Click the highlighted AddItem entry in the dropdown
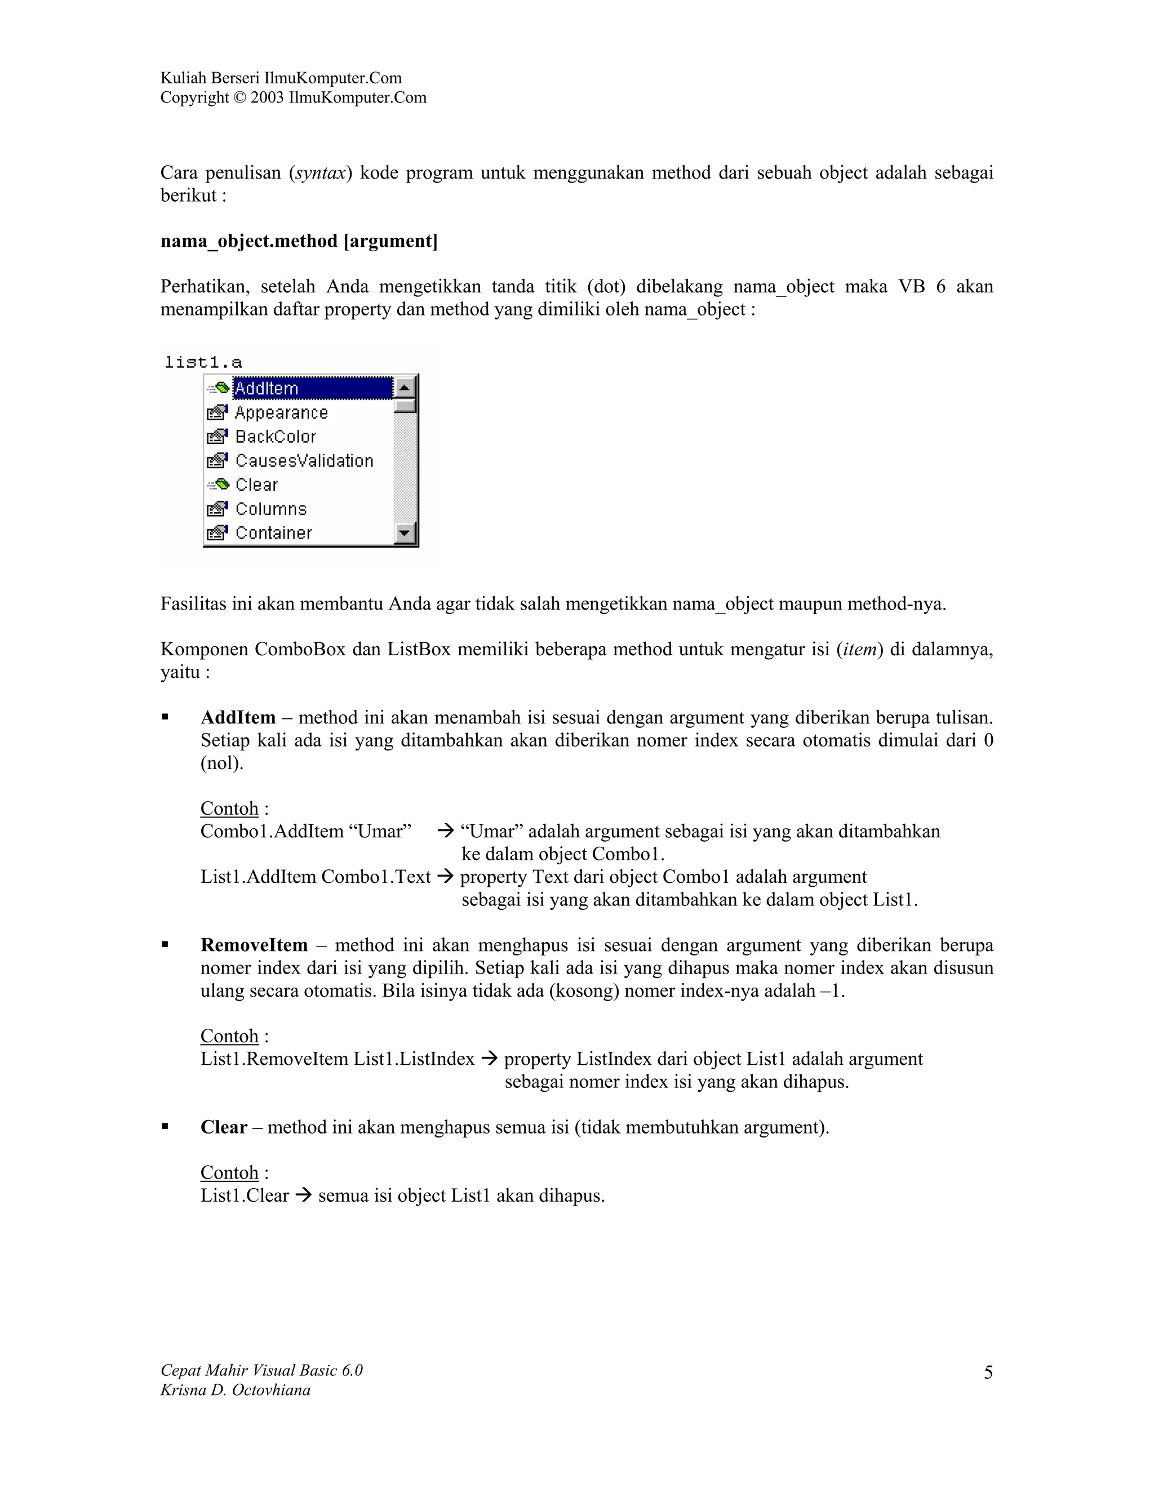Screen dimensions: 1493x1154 312,388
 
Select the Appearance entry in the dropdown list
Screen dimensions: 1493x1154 281,413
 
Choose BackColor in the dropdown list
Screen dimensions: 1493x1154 276,437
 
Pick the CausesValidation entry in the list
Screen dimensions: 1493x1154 304,461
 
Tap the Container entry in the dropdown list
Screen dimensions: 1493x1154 273,533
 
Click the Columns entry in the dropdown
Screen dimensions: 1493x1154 270,509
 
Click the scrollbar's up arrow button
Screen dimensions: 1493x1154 405,388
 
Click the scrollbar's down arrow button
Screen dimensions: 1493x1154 405,532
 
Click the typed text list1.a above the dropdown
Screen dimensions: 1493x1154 204,362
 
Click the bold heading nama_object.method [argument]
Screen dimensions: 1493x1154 299,241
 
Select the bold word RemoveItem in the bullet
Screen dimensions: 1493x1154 254,945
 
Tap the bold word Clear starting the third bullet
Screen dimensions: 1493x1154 224,1127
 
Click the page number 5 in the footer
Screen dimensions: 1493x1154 988,1372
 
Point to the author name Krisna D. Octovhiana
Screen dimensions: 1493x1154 235,1390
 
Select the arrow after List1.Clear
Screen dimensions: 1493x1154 302,1196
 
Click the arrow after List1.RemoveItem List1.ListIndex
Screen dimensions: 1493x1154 488,1059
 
